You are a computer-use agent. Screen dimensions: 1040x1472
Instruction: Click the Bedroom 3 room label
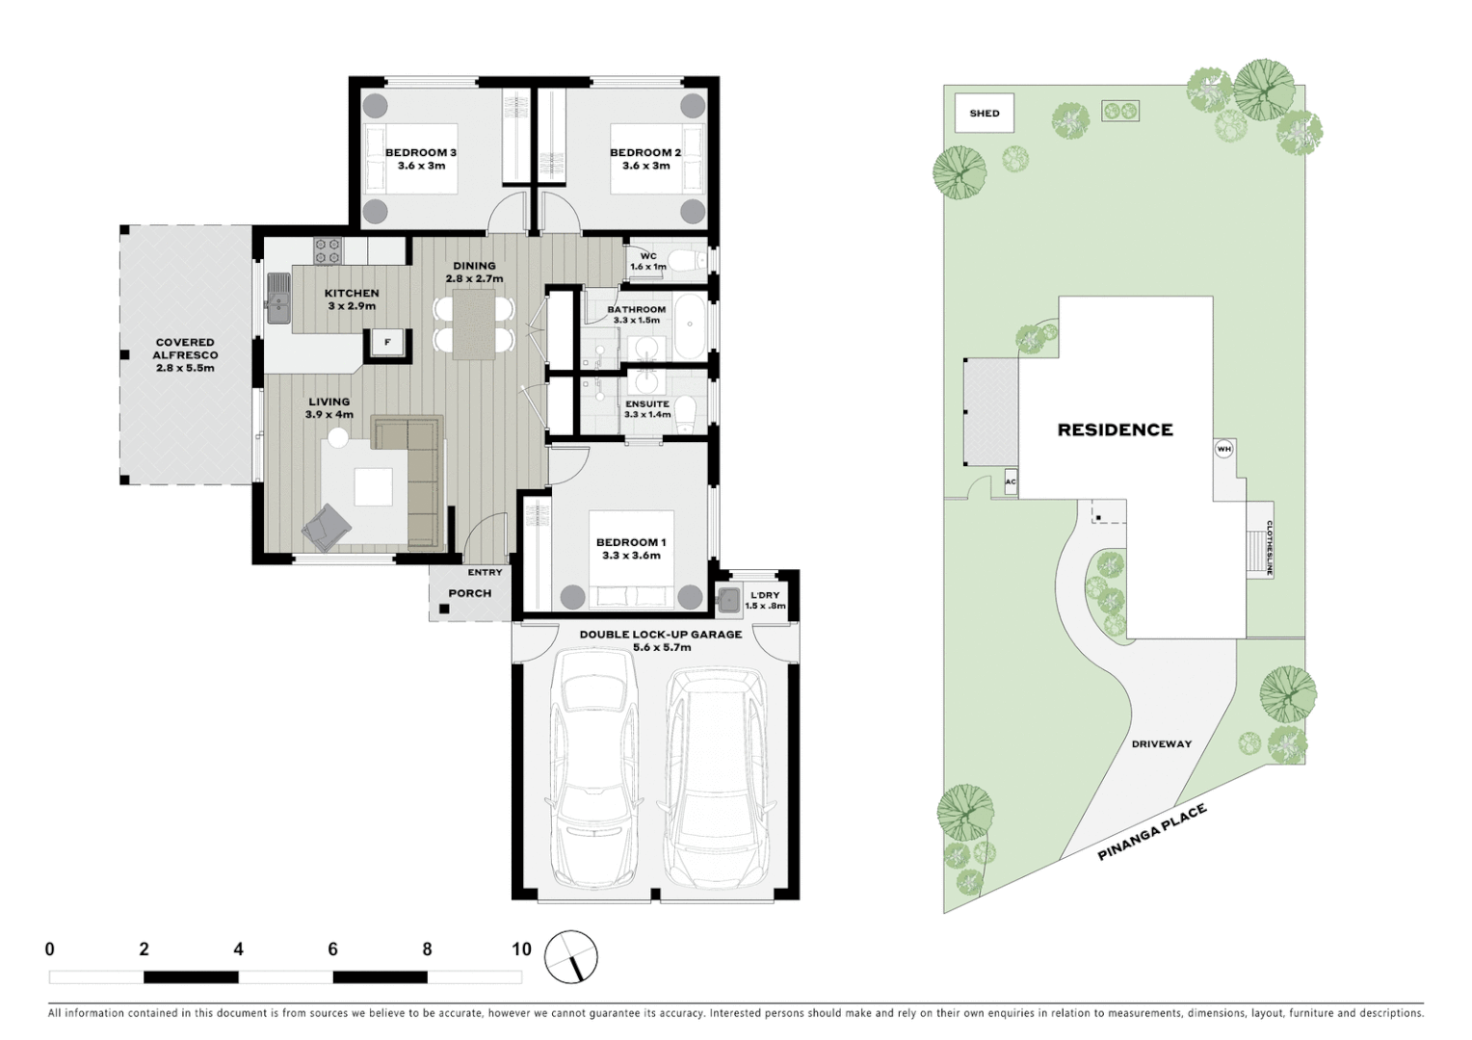coord(421,159)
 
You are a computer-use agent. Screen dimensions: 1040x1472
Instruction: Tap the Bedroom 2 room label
coord(645,159)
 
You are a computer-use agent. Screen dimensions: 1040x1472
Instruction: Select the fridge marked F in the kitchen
coord(387,343)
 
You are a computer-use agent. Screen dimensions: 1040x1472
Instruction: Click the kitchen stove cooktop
coord(328,250)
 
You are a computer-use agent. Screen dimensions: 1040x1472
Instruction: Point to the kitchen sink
coord(278,297)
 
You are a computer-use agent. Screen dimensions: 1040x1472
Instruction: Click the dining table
coord(474,325)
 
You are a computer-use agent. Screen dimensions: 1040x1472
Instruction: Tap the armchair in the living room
coord(327,527)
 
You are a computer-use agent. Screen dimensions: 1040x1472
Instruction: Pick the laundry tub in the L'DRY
coord(728,600)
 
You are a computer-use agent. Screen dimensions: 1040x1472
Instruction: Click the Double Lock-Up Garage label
coord(660,640)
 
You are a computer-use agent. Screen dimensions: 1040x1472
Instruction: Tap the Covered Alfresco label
coord(185,354)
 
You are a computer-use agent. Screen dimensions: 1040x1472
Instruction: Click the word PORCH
coord(470,593)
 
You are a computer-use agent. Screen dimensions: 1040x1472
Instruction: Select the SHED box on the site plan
coord(984,113)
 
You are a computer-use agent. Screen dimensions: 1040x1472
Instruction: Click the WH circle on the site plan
coord(1223,449)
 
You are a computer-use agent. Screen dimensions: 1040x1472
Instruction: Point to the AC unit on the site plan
coord(1011,482)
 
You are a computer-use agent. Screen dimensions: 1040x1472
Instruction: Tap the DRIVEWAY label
coord(1161,743)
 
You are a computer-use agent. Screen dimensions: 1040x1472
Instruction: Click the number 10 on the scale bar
coord(521,949)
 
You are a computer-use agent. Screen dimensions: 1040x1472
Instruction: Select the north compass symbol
coord(571,957)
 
